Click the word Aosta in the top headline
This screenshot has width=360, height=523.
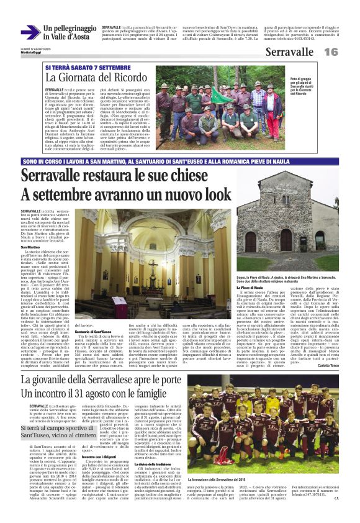click(81, 38)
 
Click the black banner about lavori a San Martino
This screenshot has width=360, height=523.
click(179, 161)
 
